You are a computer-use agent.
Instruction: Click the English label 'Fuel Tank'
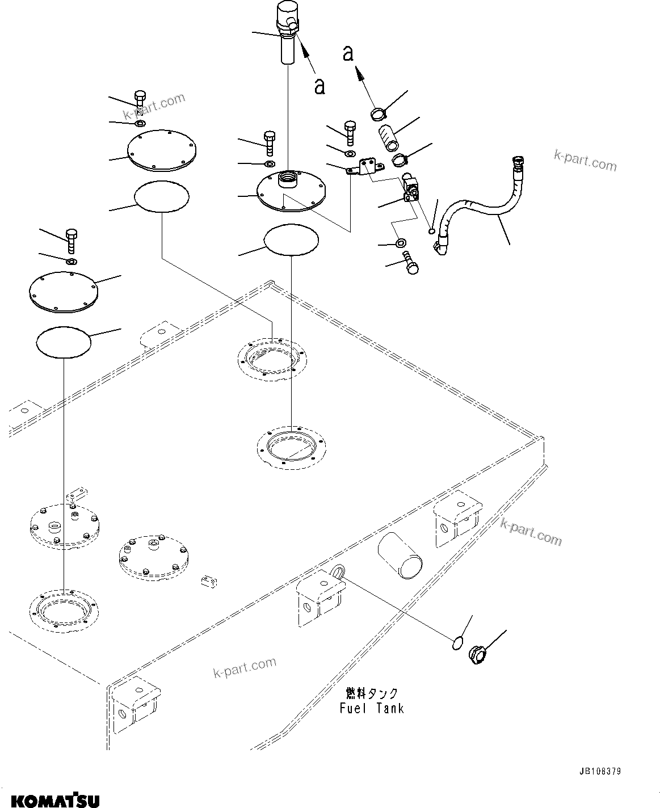(372, 708)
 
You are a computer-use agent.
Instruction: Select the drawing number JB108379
(600, 772)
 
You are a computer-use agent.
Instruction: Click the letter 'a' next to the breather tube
(320, 87)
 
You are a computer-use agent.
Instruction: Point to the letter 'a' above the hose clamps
(348, 53)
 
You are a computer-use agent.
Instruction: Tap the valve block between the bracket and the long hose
(410, 190)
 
